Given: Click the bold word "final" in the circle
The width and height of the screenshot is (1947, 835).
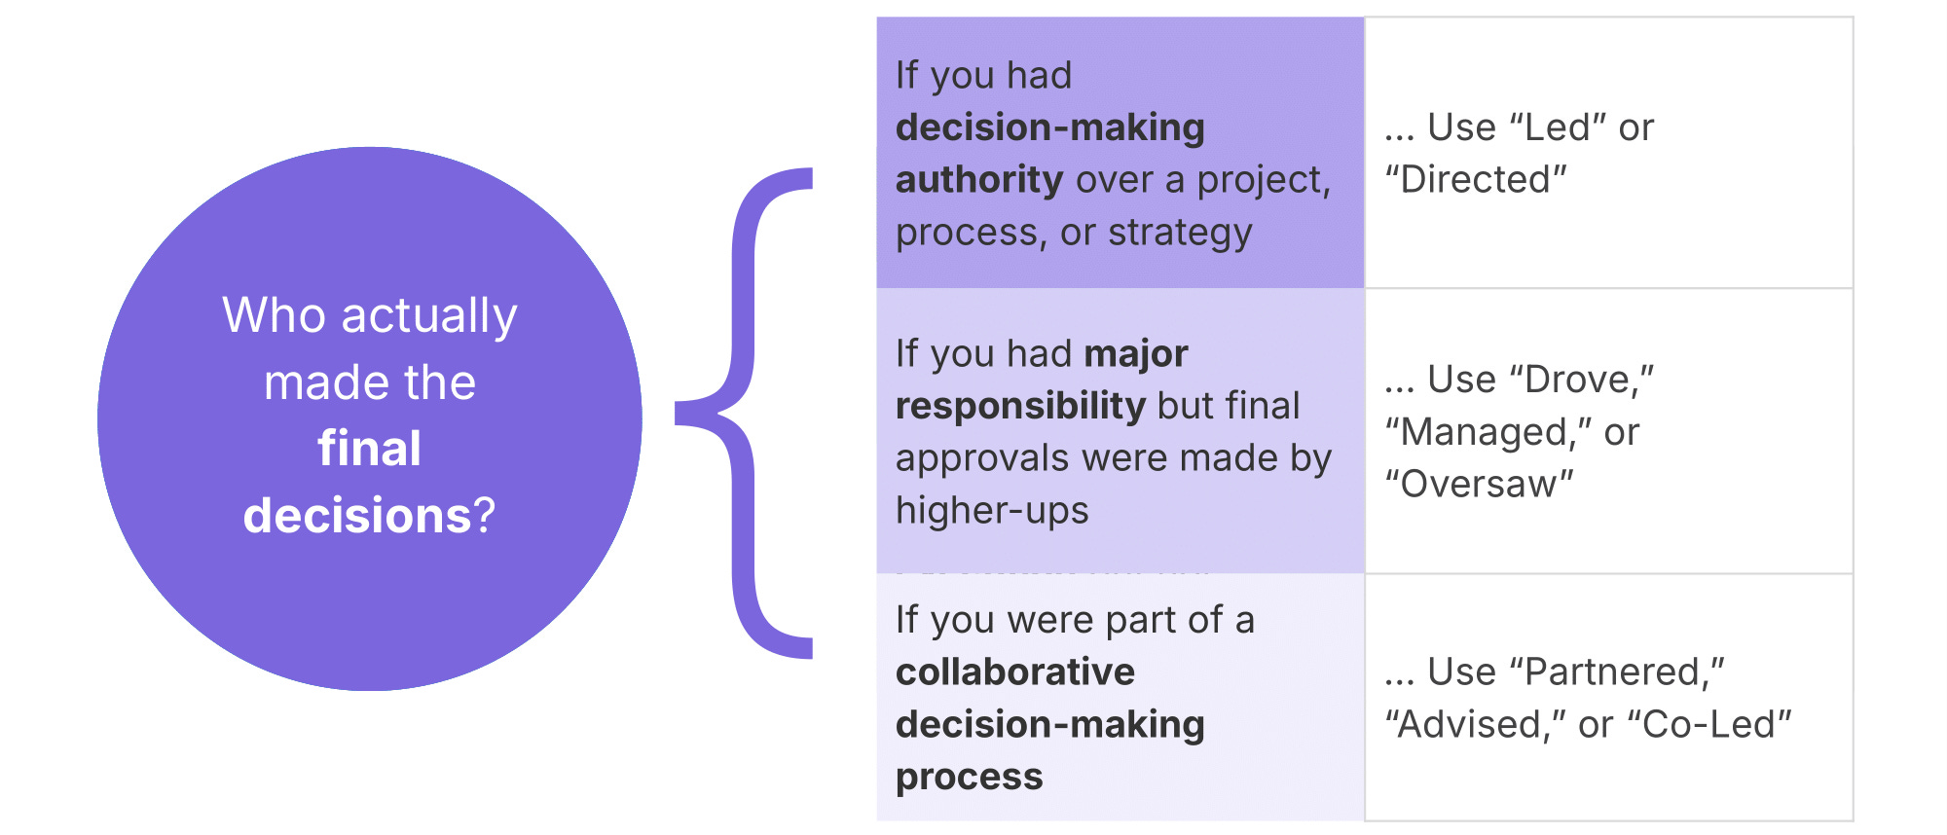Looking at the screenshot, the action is click(x=370, y=449).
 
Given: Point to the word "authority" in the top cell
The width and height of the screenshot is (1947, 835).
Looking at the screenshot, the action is click(x=979, y=180).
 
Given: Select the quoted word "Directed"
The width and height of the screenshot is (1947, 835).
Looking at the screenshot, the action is click(x=1476, y=180).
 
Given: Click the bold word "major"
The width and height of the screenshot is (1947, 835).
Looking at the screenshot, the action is click(x=1136, y=353).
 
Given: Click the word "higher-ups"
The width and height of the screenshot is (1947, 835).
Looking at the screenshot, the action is click(x=992, y=511).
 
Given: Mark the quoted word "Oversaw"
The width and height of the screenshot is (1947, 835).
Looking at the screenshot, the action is click(x=1480, y=485).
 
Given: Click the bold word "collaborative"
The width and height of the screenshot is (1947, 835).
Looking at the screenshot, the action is click(x=1015, y=672).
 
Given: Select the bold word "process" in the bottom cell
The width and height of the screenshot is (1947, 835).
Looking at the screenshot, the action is click(x=970, y=778).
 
